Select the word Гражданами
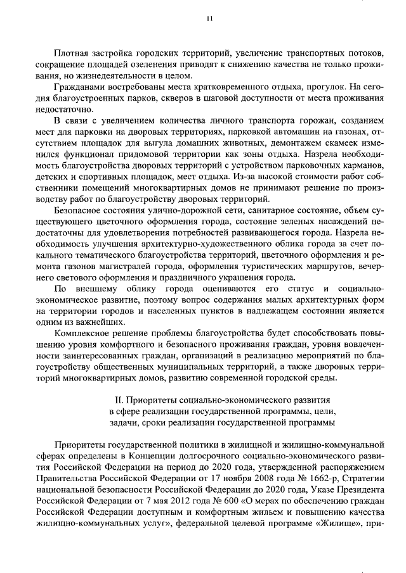pos(79,86)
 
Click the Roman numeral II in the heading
pos(116,400)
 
